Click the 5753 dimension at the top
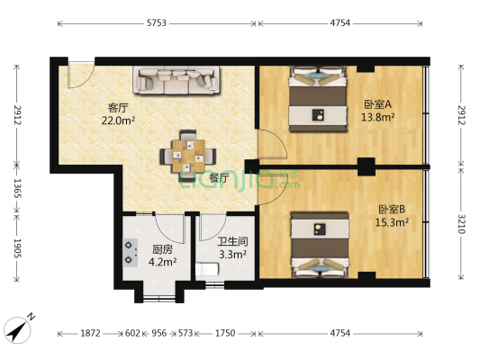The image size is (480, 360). click(x=157, y=22)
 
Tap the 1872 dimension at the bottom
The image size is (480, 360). click(x=90, y=333)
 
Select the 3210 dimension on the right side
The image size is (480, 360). click(x=461, y=223)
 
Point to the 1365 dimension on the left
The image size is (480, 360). click(x=17, y=188)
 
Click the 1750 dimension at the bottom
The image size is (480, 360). click(x=225, y=333)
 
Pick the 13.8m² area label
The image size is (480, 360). click(x=377, y=117)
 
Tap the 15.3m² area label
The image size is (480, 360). click(x=392, y=222)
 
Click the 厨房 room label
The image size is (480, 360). click(x=162, y=250)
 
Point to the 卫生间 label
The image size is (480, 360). click(x=232, y=241)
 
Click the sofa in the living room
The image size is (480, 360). click(x=177, y=80)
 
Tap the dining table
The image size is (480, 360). click(x=188, y=156)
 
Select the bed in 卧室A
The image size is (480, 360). click(x=319, y=99)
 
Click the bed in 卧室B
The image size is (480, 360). click(x=320, y=245)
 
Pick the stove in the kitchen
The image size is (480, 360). click(x=131, y=253)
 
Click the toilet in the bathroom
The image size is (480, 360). click(x=207, y=270)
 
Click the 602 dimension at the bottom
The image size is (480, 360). click(x=132, y=333)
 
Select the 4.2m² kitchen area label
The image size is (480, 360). click(x=162, y=262)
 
